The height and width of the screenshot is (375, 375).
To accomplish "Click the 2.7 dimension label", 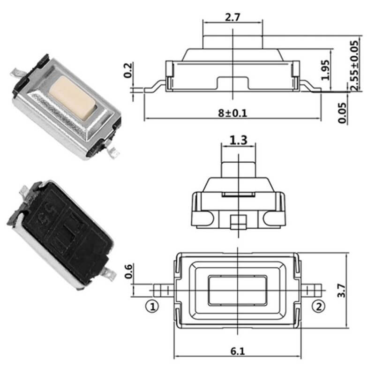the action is (x=232, y=17).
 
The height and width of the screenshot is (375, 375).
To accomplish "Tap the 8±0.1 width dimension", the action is (x=232, y=113).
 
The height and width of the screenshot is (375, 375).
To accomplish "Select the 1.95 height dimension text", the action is (x=325, y=70).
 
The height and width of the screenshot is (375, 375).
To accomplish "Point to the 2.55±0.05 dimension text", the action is (x=354, y=66).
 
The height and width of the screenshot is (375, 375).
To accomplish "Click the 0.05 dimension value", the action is (x=342, y=113).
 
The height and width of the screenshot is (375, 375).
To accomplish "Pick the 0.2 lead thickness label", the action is (x=128, y=70).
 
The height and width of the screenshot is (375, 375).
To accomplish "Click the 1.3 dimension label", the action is (x=238, y=140).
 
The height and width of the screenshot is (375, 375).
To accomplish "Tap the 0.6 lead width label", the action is (x=128, y=271).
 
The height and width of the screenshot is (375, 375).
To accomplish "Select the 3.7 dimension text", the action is (x=341, y=290).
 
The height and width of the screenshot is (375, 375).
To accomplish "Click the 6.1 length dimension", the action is (x=238, y=351).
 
